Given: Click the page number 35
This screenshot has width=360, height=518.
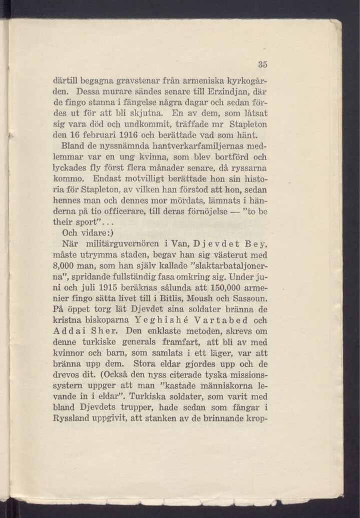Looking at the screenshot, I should (x=263, y=64).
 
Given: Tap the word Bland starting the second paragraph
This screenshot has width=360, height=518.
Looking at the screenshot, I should (x=71, y=148).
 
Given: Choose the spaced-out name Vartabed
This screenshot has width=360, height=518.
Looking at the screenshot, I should (x=208, y=320).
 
